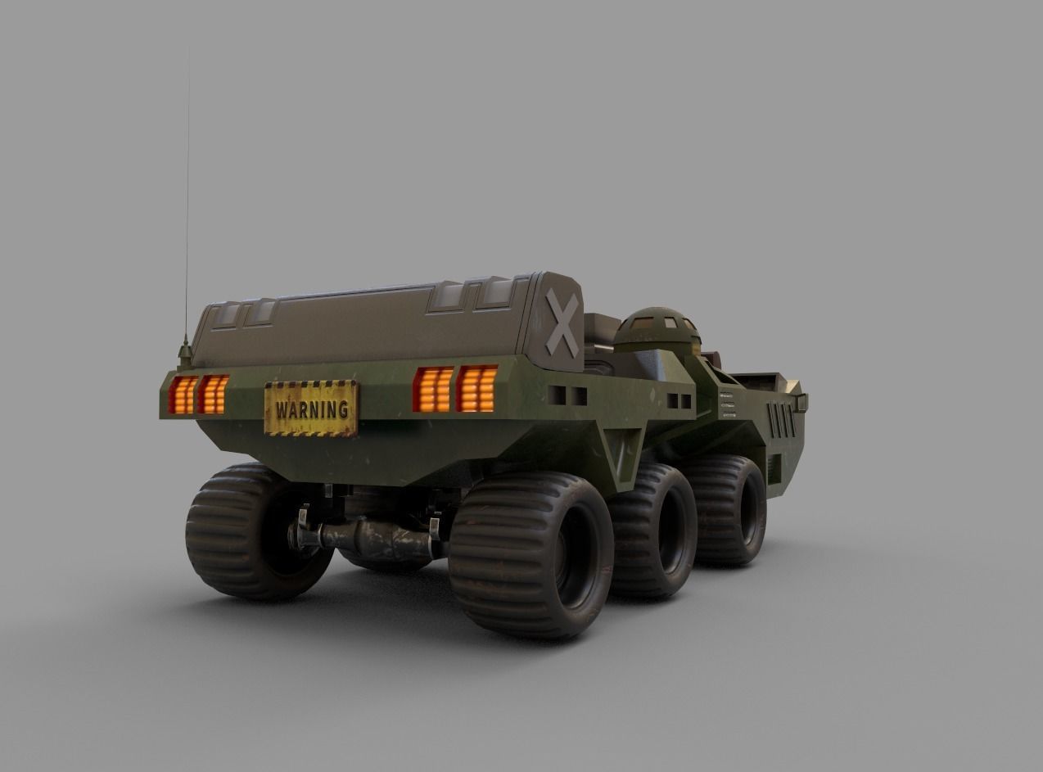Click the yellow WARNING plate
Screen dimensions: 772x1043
(310, 408)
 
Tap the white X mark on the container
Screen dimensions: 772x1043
(562, 323)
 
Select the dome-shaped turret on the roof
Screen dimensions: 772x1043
(657, 329)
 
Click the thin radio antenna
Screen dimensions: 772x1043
(187, 205)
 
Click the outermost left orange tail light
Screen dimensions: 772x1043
(183, 395)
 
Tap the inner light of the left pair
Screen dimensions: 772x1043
(213, 394)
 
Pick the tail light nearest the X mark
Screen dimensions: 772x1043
(476, 388)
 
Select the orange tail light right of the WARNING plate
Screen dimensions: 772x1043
(433, 390)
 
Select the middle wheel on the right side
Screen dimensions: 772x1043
(656, 528)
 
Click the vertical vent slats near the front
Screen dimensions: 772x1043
(782, 419)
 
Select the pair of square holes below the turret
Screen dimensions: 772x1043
(679, 401)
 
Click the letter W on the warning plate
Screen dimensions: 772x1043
(282, 409)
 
